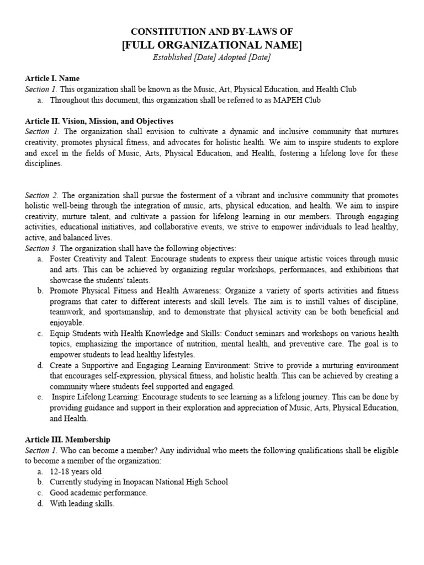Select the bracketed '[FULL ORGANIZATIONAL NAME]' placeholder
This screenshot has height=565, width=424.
click(211, 45)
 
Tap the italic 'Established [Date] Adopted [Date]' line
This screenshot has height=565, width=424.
click(211, 58)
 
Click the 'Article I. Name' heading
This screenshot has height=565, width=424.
click(52, 79)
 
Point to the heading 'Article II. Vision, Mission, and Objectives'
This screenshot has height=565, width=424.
click(99, 121)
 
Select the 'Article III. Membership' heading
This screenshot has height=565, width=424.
click(67, 440)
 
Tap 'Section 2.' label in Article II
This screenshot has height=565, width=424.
click(42, 196)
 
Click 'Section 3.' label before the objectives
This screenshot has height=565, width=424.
click(42, 248)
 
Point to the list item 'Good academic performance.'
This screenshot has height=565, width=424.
click(98, 493)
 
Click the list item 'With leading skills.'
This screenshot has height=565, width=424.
click(82, 503)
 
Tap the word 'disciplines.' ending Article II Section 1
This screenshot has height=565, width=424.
click(44, 164)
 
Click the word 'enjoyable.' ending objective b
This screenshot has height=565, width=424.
click(67, 323)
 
